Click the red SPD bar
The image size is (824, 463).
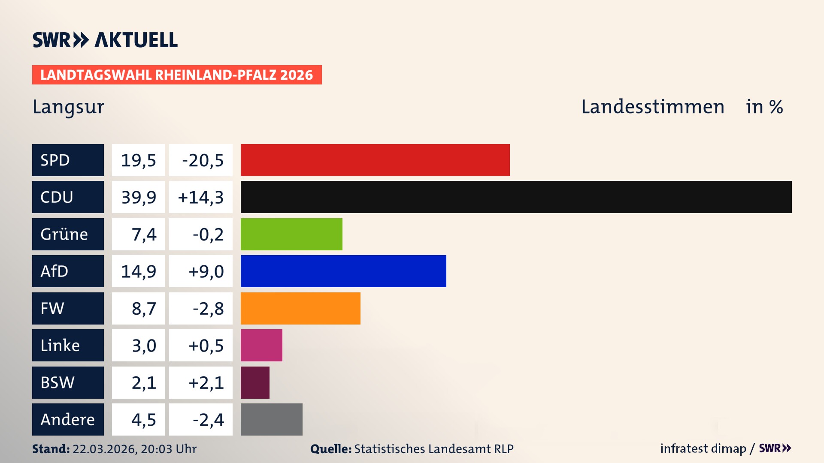375,160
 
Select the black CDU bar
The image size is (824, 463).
516,197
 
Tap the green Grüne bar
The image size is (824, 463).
291,234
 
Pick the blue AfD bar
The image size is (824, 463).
343,271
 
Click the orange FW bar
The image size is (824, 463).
300,308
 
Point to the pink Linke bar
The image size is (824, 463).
261,345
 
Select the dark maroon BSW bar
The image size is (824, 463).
255,382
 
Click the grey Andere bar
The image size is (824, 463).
271,419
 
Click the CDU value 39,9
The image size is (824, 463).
138,197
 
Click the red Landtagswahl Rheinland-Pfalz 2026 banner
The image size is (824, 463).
177,75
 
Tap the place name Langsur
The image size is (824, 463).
69,107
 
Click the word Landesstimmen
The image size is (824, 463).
652,107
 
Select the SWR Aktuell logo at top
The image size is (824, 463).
105,40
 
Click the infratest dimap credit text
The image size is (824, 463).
703,448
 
